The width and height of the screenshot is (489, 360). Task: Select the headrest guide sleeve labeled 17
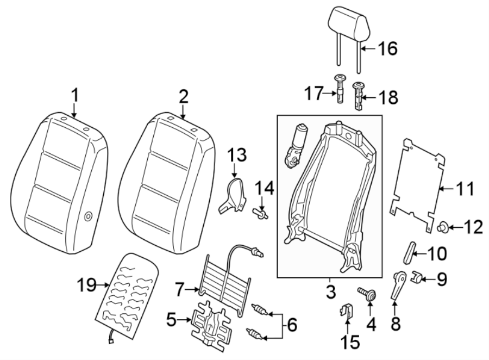coord(340,90)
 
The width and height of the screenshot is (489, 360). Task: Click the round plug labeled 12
coord(442,226)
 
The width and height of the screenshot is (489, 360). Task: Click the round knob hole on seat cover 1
coord(89,217)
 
